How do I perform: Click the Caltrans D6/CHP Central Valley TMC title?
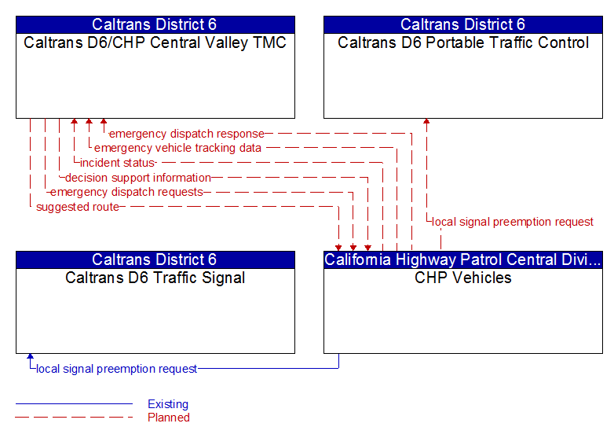[155, 42]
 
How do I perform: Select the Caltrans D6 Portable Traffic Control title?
[463, 42]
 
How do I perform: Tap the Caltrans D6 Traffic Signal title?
[155, 278]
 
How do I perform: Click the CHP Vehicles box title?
[463, 278]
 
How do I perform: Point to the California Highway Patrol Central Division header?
[463, 259]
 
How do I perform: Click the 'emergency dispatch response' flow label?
[186, 134]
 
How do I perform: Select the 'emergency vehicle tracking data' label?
[177, 148]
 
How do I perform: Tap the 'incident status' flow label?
[118, 163]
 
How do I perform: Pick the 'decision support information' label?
[138, 178]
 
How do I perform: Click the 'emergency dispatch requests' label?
[126, 192]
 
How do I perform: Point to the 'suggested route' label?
[78, 207]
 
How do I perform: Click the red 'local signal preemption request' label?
[513, 222]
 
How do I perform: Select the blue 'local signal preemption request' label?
[117, 368]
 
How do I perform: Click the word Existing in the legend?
[168, 404]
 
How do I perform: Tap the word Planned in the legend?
[169, 418]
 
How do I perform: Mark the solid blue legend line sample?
[74, 404]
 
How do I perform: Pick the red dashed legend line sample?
[74, 418]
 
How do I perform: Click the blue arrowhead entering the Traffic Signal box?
[30, 357]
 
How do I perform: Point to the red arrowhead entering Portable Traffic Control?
[426, 122]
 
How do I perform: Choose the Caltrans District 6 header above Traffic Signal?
[155, 259]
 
